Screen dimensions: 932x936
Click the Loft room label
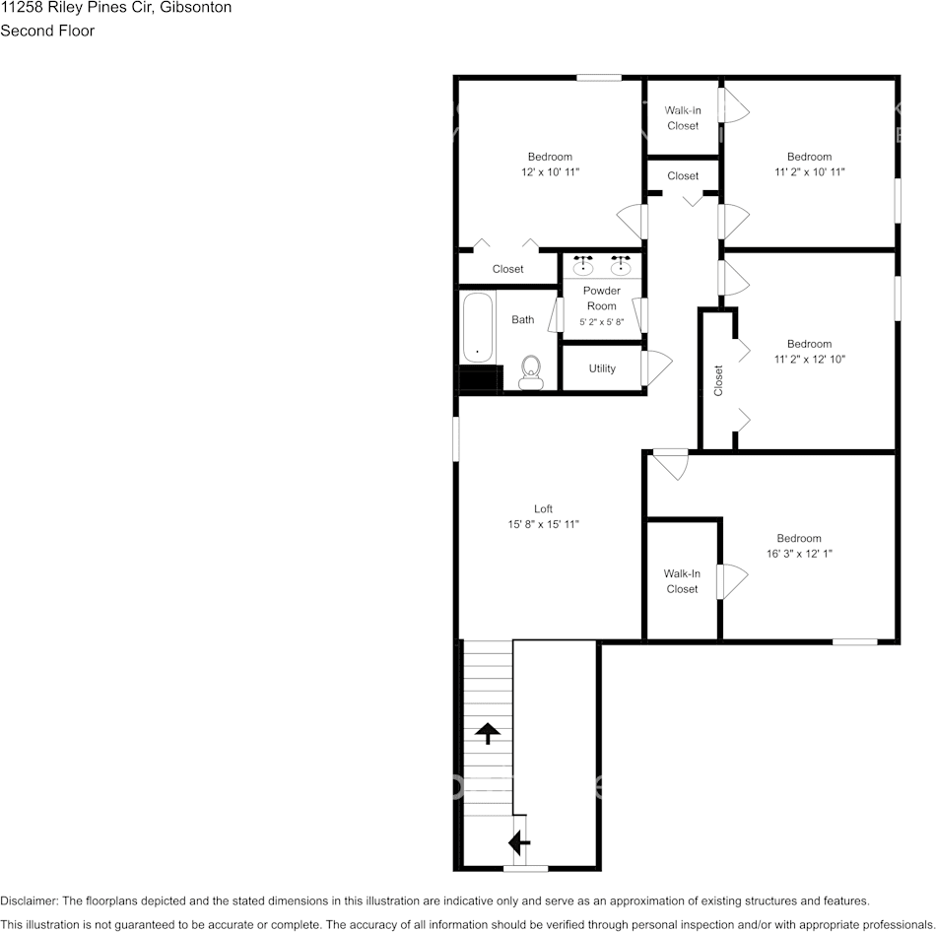(x=543, y=509)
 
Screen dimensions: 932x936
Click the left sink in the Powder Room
(x=583, y=266)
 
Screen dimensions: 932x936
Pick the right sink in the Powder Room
(x=621, y=266)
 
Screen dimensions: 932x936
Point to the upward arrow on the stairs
(x=487, y=732)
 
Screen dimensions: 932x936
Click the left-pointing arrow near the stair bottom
(x=518, y=842)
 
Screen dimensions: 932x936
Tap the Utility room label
(x=602, y=368)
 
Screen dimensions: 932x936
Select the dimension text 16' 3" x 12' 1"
(x=798, y=554)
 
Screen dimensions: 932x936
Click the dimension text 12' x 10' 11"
(x=549, y=172)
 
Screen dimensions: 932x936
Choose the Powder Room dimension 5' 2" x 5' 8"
(x=601, y=322)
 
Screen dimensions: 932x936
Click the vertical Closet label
(x=718, y=380)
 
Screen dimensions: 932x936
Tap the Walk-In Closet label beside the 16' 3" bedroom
(x=682, y=581)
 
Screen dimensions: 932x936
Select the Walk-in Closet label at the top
(x=682, y=118)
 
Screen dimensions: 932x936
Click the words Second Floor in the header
(x=47, y=31)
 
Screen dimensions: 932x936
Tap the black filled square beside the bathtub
(x=480, y=380)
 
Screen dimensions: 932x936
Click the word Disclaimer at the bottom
(x=30, y=900)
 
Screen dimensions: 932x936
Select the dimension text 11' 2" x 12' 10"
(x=809, y=360)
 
